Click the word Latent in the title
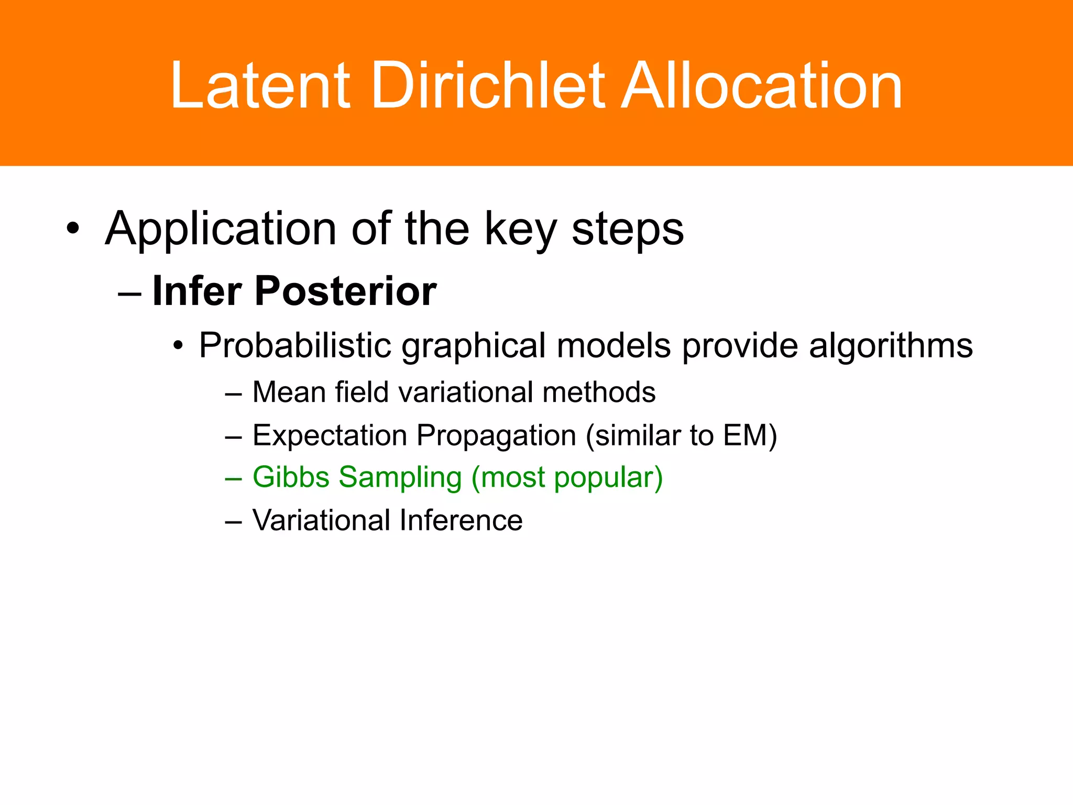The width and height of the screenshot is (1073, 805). (x=260, y=86)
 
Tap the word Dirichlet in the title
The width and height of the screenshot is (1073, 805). (x=488, y=86)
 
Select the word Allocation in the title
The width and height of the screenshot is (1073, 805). (x=761, y=86)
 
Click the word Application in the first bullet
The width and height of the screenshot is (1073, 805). (x=221, y=230)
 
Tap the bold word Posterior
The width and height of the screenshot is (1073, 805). (x=345, y=291)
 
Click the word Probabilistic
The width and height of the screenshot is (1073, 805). (x=295, y=346)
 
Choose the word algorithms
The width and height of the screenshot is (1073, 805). (x=890, y=346)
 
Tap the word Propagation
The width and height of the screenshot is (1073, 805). (x=496, y=436)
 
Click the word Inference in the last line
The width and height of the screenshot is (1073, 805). (x=461, y=520)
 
